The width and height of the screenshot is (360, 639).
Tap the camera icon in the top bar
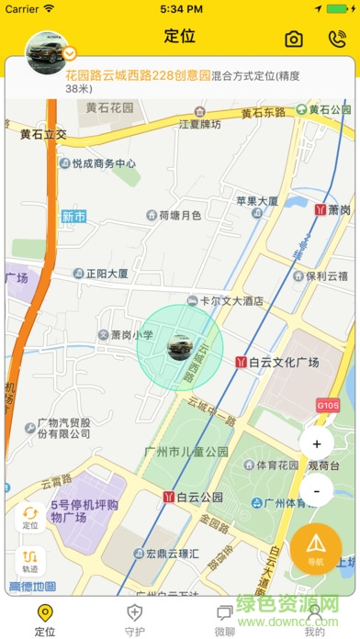(x=293, y=39)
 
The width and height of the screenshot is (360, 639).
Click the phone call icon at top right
(x=336, y=39)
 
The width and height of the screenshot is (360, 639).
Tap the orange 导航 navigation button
(x=316, y=549)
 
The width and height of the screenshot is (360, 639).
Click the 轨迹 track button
(x=30, y=560)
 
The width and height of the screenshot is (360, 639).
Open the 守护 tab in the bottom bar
(x=135, y=620)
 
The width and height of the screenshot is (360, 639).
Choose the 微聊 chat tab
(x=225, y=620)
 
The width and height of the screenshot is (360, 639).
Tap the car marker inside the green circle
(x=180, y=347)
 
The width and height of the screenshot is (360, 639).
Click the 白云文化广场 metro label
(x=277, y=363)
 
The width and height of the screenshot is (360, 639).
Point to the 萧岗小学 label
(x=126, y=336)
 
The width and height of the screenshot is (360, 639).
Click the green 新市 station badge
(x=73, y=218)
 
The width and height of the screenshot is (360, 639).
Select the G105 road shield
(x=327, y=404)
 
